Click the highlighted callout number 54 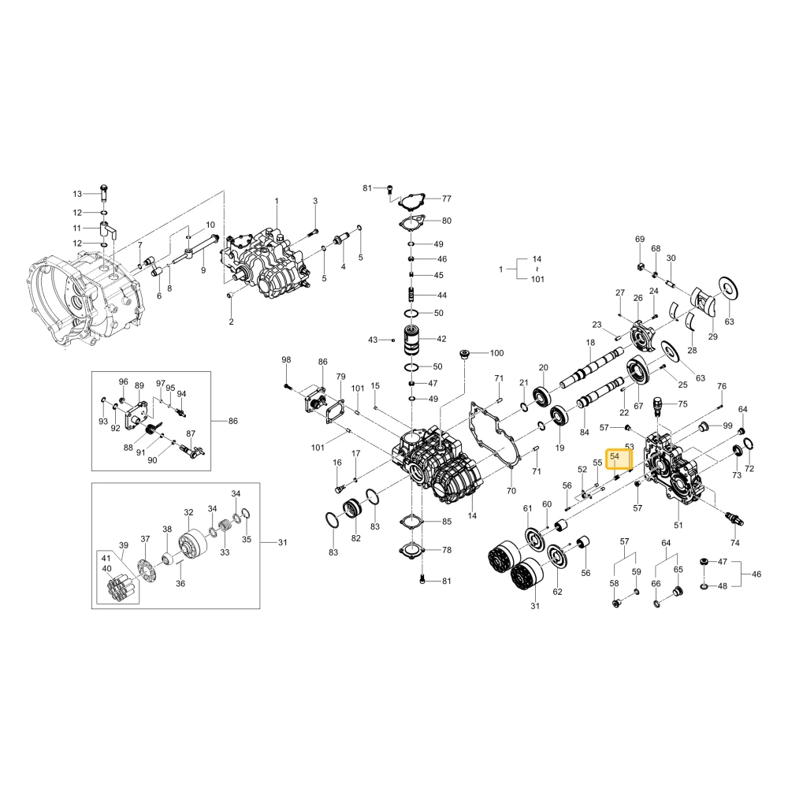[614, 456]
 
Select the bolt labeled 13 [104, 192]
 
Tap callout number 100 [496, 353]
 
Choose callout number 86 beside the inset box [232, 421]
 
